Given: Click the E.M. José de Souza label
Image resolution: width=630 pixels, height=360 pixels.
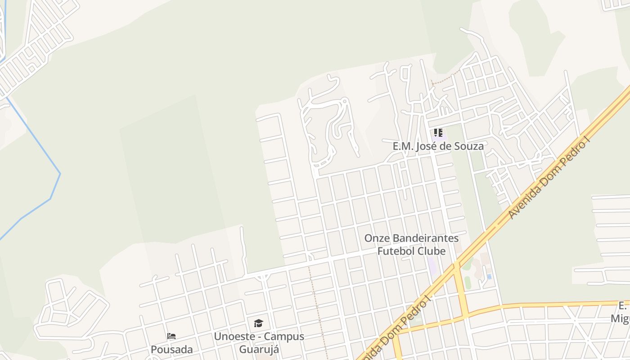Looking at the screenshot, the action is [x=438, y=146].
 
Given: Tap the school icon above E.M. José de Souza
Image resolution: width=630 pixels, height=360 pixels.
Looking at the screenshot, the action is [x=438, y=133].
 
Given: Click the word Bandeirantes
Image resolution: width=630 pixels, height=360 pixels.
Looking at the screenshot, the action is [x=424, y=238].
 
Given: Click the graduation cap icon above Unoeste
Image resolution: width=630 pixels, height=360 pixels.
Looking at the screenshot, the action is [x=258, y=323].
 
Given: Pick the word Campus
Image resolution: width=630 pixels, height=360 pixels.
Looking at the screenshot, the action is [x=283, y=337].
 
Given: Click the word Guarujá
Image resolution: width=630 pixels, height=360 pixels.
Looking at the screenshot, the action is [x=259, y=350].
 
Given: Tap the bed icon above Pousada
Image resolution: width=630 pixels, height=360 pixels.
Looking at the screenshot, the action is [x=171, y=336].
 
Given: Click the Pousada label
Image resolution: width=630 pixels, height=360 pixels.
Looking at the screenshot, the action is [x=171, y=350].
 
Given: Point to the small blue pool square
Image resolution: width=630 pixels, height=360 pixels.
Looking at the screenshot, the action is [x=489, y=277].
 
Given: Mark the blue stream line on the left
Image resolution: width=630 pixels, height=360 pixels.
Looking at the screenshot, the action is [x=55, y=189].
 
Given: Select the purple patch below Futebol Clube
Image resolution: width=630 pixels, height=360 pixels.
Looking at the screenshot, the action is [x=432, y=266].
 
